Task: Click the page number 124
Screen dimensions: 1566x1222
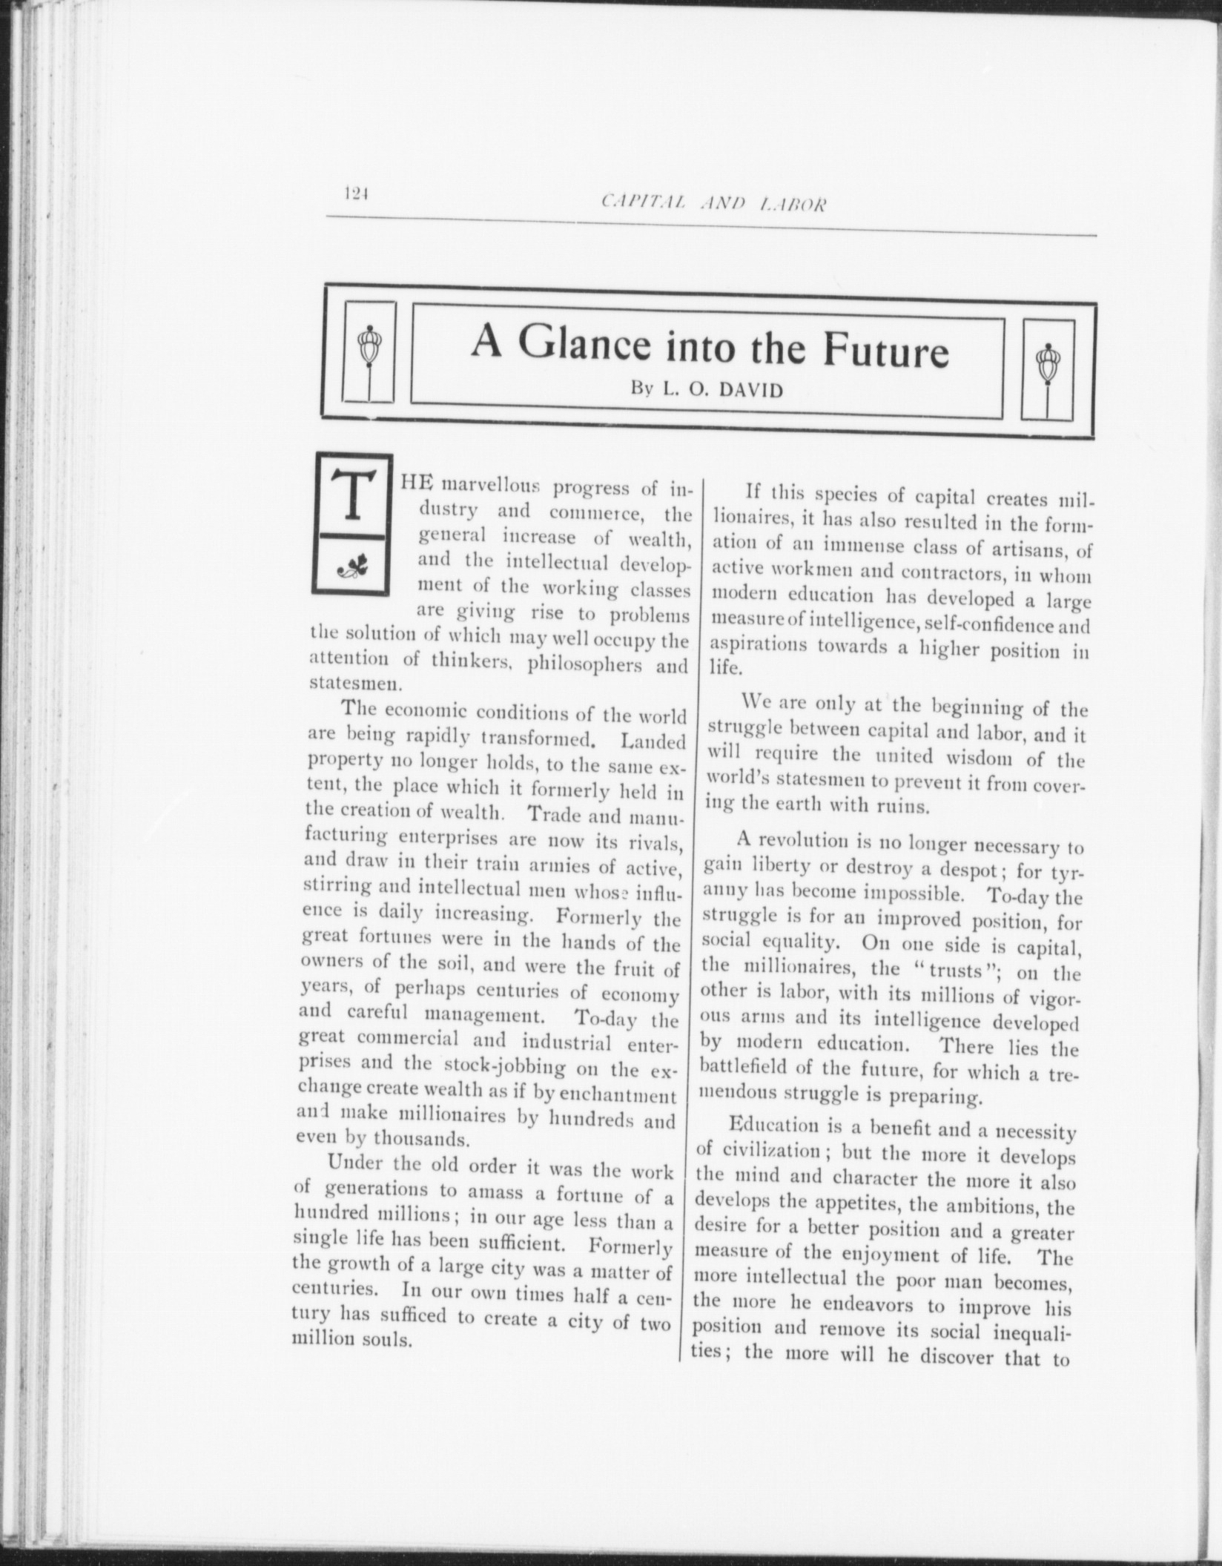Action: coord(356,194)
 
